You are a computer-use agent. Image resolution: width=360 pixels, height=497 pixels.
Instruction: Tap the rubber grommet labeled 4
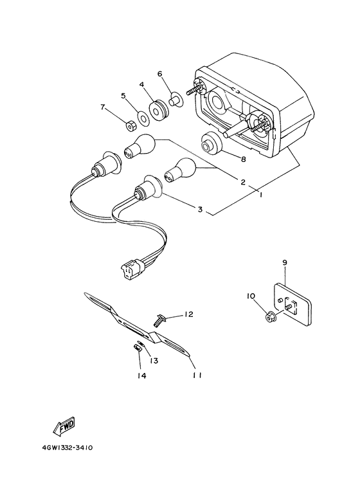point(157,110)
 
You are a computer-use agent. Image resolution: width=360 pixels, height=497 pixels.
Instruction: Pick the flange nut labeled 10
point(271,316)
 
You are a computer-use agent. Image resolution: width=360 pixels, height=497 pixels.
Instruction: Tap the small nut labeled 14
point(138,348)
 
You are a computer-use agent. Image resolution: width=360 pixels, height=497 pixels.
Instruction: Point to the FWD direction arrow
point(64,425)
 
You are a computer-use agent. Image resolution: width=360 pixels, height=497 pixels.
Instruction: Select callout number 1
point(260,195)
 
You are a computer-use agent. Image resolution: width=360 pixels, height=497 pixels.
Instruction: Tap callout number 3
point(200,209)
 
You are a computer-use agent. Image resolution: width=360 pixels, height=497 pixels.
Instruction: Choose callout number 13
point(154,361)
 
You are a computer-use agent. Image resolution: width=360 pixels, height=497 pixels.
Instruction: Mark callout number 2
point(243,182)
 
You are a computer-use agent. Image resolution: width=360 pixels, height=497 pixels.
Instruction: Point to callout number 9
point(284,262)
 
